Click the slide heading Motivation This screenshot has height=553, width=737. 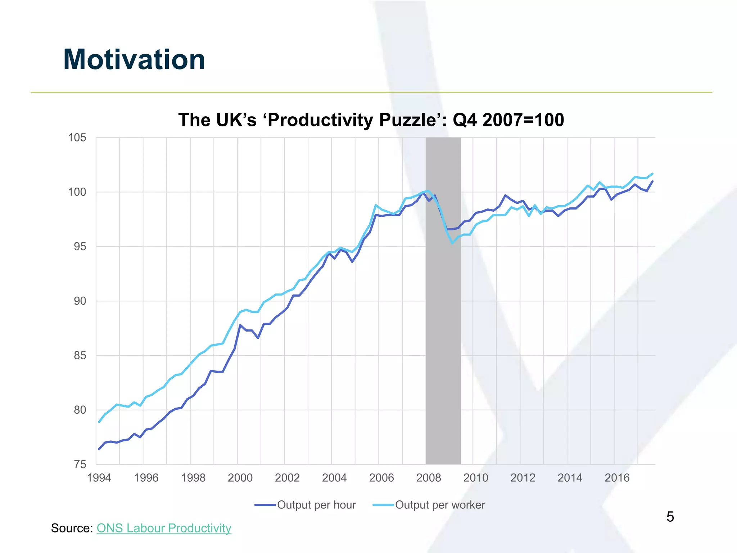(x=134, y=59)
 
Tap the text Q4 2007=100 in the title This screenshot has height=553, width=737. (x=508, y=120)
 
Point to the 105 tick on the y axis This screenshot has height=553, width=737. (x=77, y=138)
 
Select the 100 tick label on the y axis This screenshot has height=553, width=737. (x=77, y=192)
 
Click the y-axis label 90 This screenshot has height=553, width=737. (x=80, y=301)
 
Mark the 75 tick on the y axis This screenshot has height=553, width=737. (x=80, y=464)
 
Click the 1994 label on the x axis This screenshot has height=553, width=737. (x=99, y=478)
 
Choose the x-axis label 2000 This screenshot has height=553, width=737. (x=240, y=478)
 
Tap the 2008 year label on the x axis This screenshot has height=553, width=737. (x=428, y=478)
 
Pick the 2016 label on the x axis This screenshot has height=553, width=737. (x=617, y=478)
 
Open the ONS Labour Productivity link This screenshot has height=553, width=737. (x=164, y=528)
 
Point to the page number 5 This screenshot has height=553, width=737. (x=670, y=517)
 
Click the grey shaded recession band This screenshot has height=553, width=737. (x=443, y=324)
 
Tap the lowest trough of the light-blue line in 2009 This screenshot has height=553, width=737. (x=452, y=243)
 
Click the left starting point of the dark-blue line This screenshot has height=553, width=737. (x=99, y=449)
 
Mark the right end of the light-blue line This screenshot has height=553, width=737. (x=652, y=174)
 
